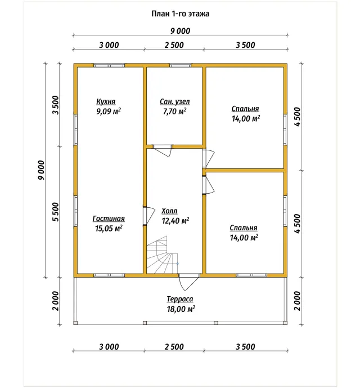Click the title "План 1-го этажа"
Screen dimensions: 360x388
click(180, 14)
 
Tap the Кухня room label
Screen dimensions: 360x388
click(106, 102)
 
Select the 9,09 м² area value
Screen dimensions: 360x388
click(109, 112)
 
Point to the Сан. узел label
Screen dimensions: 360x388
click(175, 102)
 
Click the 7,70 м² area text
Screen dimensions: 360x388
click(174, 112)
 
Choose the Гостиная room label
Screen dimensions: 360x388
click(109, 218)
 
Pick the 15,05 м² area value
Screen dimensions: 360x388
click(109, 229)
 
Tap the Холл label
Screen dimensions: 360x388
click(169, 211)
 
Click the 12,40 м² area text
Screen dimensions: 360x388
click(175, 221)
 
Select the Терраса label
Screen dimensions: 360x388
click(180, 299)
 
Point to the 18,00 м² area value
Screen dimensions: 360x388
click(181, 309)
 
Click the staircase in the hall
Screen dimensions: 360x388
click(162, 255)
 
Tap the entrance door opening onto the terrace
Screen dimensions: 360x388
click(189, 282)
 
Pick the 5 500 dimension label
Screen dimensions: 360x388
click(56, 212)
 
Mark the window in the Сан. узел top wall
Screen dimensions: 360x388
click(180, 65)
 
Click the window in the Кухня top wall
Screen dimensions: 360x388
click(109, 65)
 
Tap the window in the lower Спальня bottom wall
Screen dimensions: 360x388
click(251, 275)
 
